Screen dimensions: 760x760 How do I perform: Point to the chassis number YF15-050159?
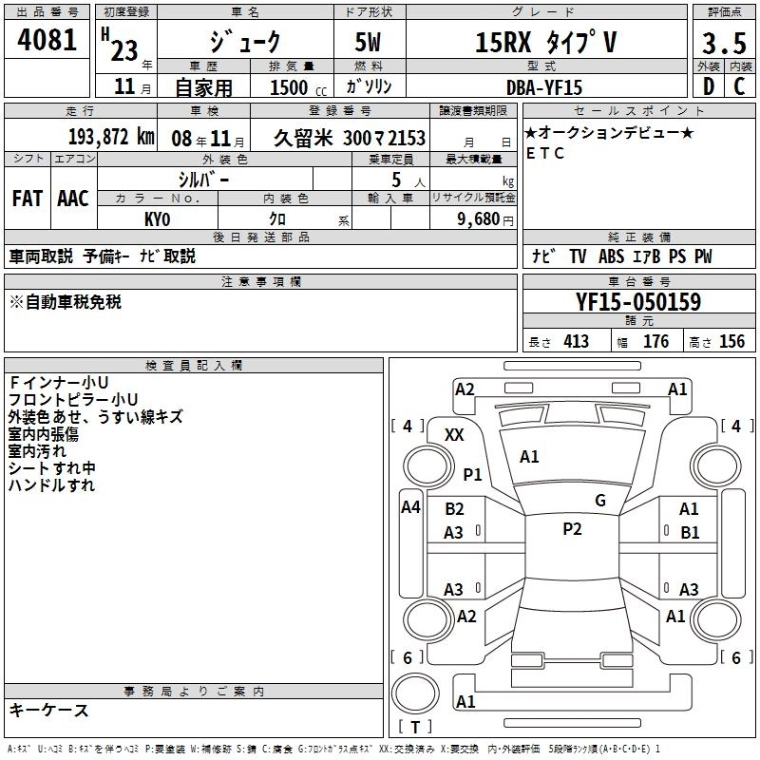point(638,302)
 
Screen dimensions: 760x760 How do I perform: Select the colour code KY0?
point(158,218)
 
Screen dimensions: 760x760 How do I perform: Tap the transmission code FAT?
point(27,198)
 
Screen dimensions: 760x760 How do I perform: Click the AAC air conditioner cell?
point(73,198)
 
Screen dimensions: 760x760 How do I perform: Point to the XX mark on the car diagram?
point(454,434)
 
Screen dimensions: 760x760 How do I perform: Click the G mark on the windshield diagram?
point(599,501)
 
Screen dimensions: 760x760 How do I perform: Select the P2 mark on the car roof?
point(572,529)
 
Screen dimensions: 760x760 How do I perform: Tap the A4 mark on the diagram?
point(410,507)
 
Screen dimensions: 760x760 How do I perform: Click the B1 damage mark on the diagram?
point(689,533)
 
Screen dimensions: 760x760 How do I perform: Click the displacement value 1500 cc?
point(289,87)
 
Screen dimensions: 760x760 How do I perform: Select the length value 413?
point(576,342)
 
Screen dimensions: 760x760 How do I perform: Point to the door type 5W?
point(372,43)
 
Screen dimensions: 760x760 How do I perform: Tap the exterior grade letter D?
point(708,86)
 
